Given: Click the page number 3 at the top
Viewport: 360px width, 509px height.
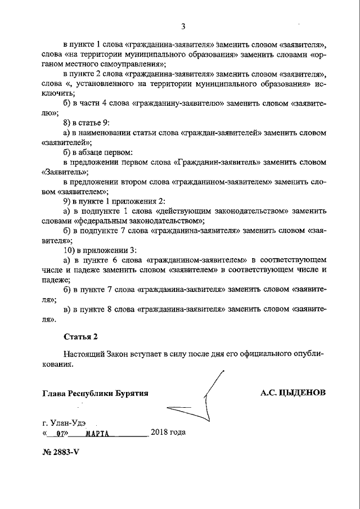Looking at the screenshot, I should [x=183, y=25].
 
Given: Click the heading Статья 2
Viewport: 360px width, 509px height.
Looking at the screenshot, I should [x=81, y=337].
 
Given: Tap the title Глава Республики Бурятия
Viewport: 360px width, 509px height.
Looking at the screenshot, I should [x=95, y=393].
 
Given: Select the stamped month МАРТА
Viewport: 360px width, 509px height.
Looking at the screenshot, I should [x=96, y=434].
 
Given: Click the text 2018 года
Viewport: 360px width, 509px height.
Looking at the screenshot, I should [x=168, y=433].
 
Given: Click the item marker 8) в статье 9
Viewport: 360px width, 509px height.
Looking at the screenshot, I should [x=86, y=122].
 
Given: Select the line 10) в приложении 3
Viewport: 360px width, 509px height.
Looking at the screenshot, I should [x=100, y=249].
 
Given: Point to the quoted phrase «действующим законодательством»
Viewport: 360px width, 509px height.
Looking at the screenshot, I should [x=236, y=211].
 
